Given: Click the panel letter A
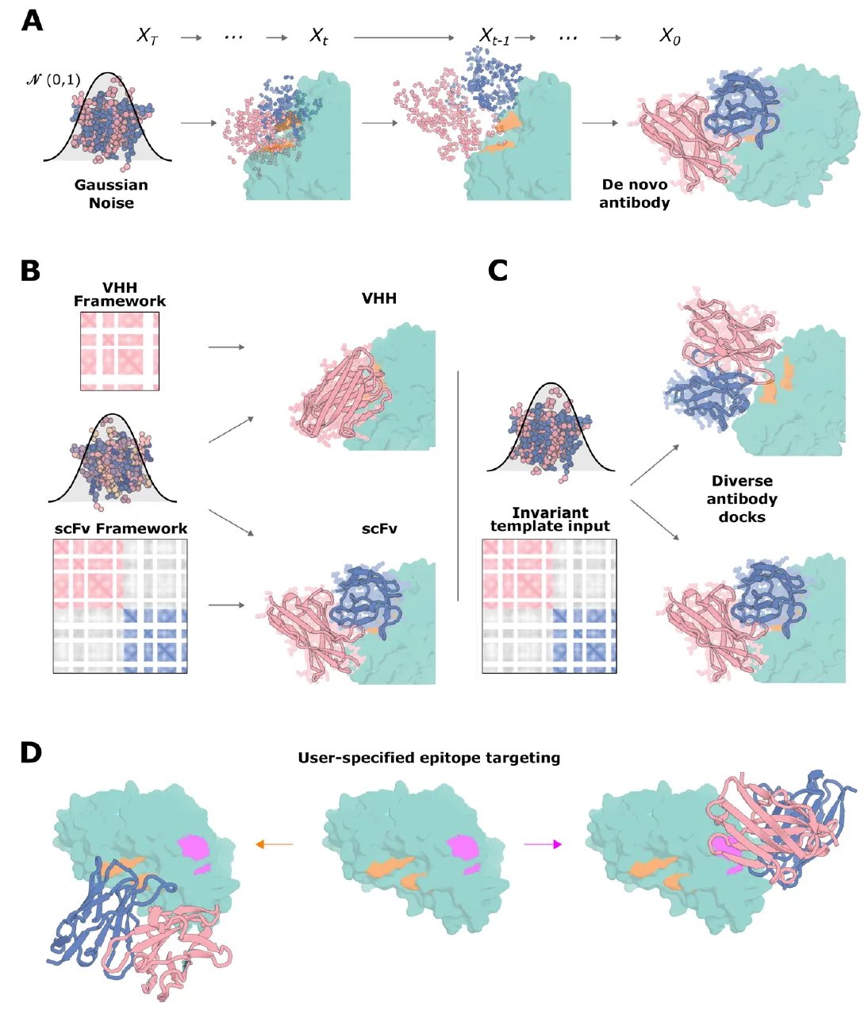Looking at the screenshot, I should (32, 21).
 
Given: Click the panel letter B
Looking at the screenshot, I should (30, 271).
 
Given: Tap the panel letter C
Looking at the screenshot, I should (497, 271).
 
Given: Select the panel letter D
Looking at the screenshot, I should (31, 752).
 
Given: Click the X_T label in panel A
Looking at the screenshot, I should (148, 36).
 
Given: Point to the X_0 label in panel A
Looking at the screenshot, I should (670, 36).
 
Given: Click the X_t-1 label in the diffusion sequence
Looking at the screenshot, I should (494, 36).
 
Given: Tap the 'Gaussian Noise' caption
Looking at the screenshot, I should (111, 194).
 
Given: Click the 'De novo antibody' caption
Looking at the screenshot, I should (634, 194).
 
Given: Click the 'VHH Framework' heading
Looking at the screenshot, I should (120, 294).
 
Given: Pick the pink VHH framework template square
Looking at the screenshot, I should (120, 351).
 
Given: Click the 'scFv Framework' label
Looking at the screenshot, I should (121, 528).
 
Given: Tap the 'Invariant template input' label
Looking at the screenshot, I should (550, 520).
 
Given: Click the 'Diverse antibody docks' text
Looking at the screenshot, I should (742, 499).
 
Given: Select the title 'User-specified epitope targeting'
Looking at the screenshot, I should (428, 758).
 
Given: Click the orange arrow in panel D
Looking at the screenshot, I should (274, 844).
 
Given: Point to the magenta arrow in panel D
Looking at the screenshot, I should (543, 844).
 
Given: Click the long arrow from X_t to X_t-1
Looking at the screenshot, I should (404, 37).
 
